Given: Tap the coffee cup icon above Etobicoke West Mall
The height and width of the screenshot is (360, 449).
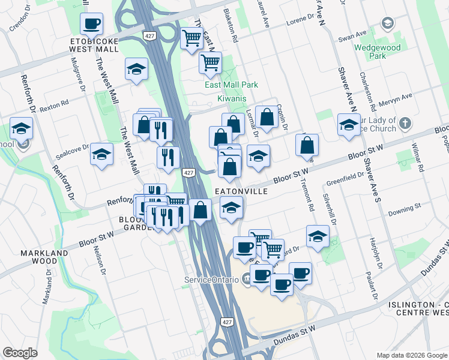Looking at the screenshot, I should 92,24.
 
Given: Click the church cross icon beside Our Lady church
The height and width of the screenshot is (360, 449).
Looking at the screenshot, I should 405,124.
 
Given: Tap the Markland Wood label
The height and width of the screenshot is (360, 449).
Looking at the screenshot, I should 44,257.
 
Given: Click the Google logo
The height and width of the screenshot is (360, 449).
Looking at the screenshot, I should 20,353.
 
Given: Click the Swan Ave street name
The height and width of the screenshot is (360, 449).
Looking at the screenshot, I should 352,37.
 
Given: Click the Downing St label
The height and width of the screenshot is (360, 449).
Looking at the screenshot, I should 404,210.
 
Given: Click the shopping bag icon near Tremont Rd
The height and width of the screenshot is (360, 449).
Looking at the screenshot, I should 307,145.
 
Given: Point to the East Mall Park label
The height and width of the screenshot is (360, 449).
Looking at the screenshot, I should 231,85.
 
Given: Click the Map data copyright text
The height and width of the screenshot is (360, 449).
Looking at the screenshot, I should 412,355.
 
